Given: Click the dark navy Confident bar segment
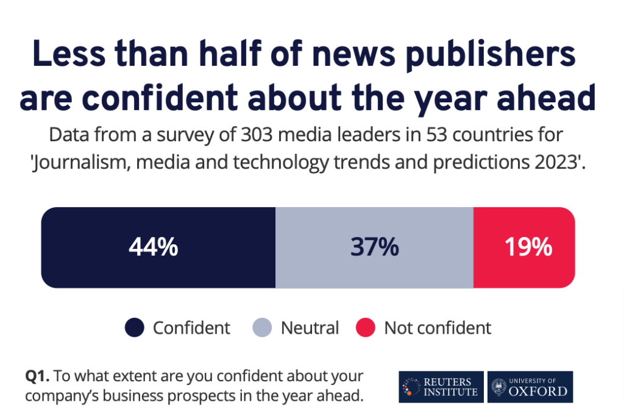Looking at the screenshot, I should click(158, 247).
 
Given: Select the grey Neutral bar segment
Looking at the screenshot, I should click(374, 247).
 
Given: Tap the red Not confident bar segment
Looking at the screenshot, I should click(524, 247).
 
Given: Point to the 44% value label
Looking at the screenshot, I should click(153, 247).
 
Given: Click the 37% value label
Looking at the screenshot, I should click(374, 247).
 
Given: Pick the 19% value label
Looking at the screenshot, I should click(528, 247).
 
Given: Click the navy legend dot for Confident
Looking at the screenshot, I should click(134, 328).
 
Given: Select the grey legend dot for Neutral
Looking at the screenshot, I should click(261, 328).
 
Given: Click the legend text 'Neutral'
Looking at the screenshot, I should click(310, 328).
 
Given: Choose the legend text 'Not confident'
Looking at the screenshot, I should click(438, 328).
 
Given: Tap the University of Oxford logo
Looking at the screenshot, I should click(530, 387).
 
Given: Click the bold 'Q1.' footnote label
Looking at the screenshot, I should click(38, 376).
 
